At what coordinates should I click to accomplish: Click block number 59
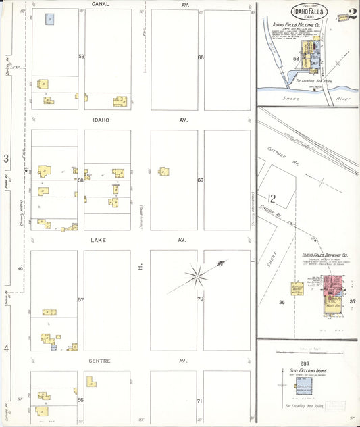80,57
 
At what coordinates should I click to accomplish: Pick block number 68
201,57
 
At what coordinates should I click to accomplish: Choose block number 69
201,180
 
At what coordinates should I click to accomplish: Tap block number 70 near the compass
201,298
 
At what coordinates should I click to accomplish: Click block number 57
80,299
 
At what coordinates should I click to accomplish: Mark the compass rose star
198,274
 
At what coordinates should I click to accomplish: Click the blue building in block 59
50,19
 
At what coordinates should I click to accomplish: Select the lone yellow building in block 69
163,172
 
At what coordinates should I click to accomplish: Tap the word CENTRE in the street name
99,361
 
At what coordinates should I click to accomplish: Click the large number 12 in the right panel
272,199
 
